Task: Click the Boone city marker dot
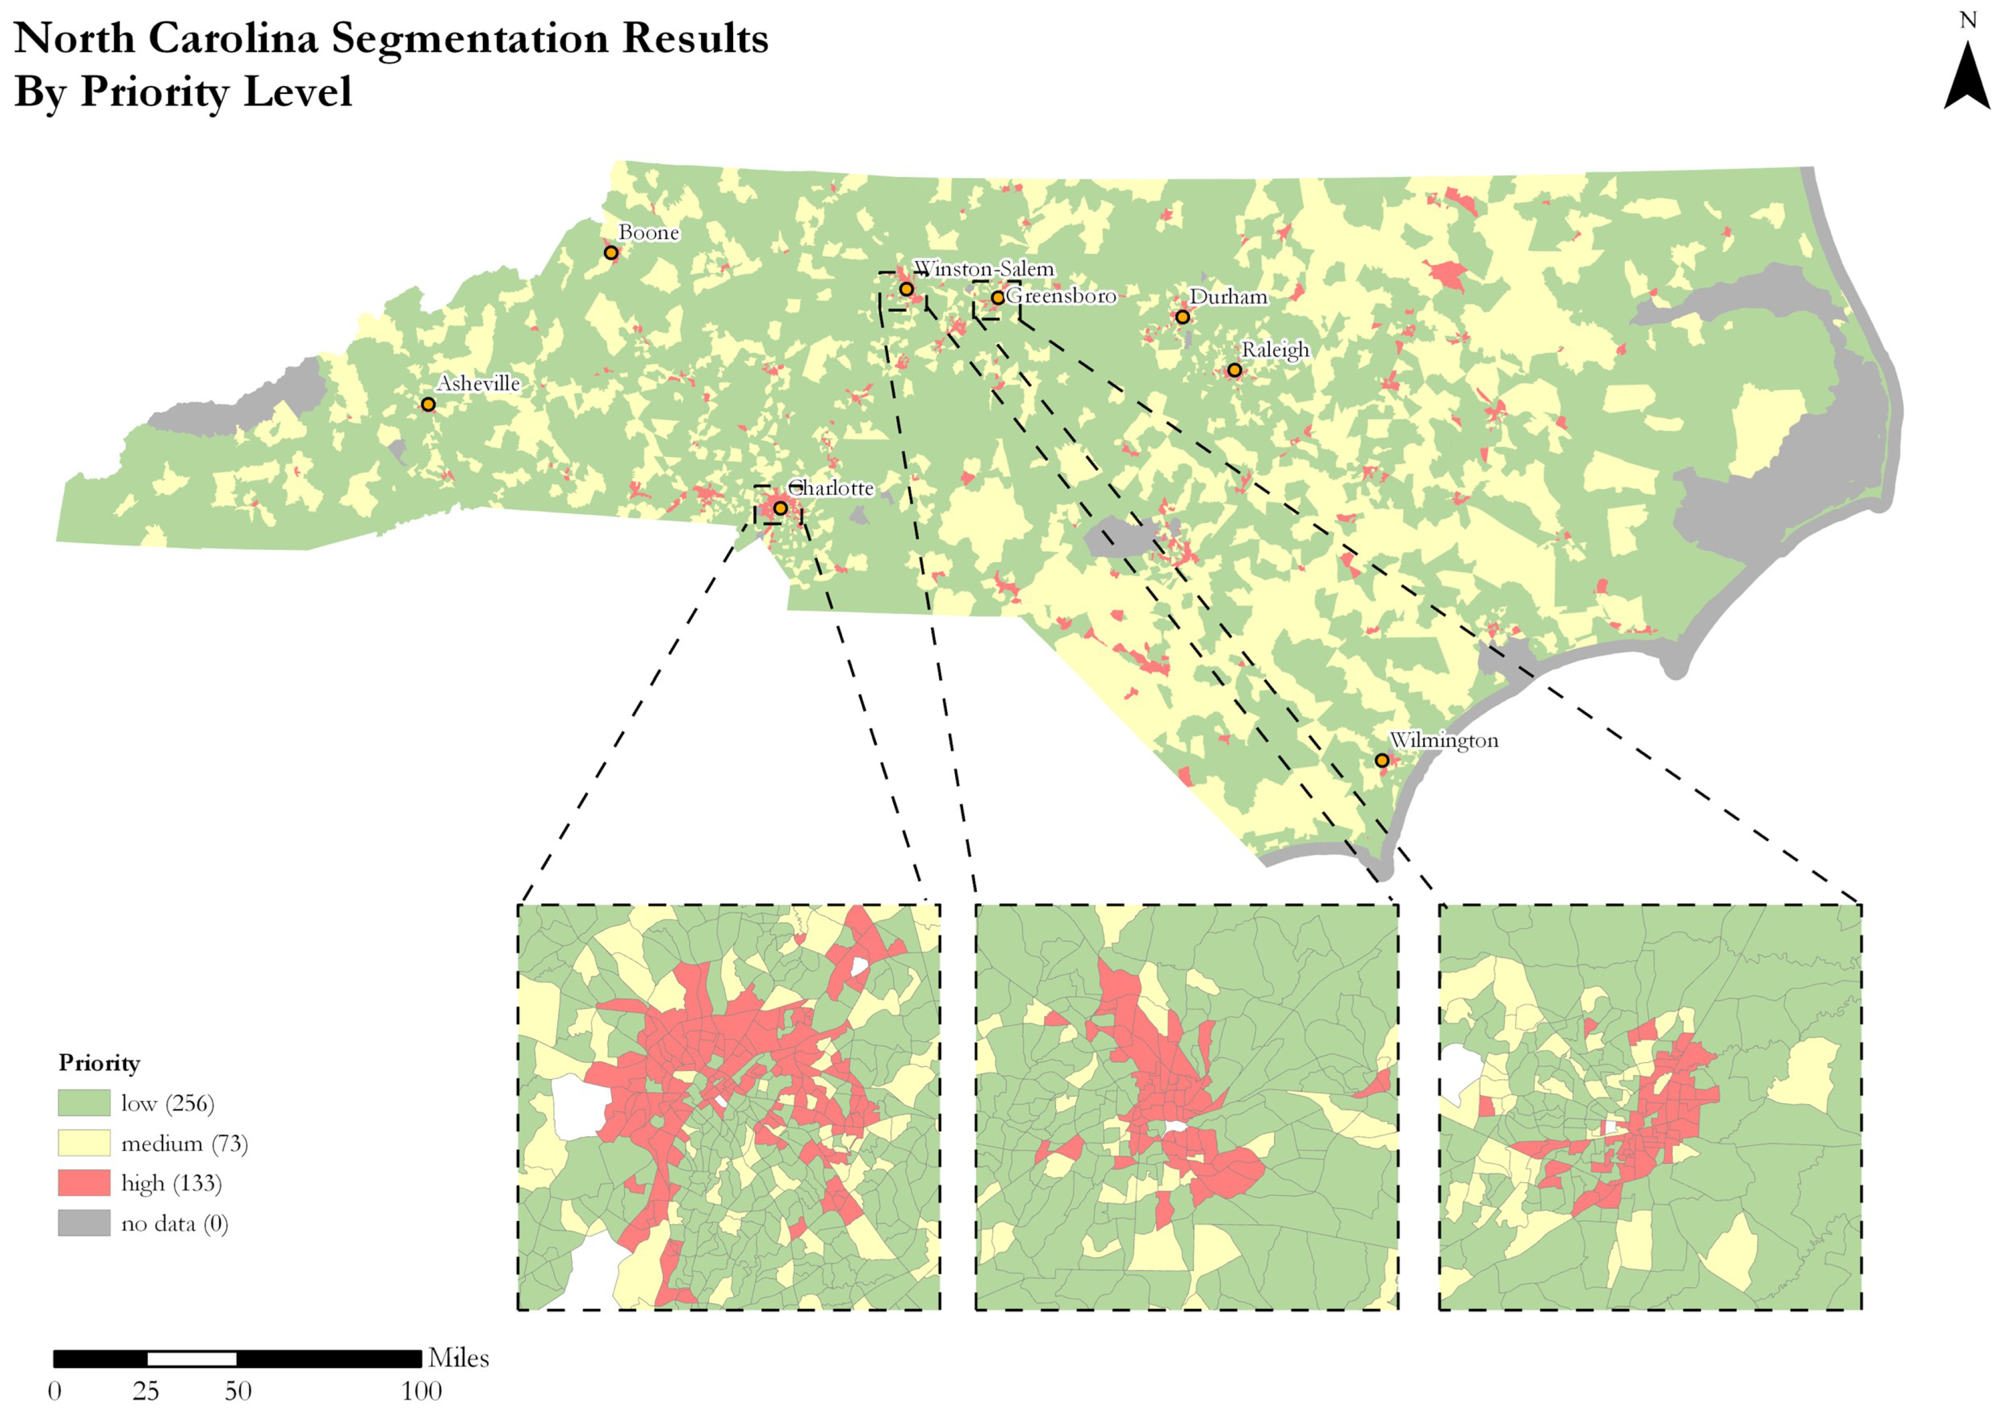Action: (x=611, y=253)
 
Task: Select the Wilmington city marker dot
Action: (x=1382, y=760)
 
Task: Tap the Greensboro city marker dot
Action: (x=998, y=298)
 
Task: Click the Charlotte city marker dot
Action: (x=780, y=508)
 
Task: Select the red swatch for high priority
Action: (x=84, y=1183)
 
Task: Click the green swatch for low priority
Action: (x=84, y=1103)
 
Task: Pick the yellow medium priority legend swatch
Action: (x=84, y=1143)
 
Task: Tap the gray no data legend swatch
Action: (x=84, y=1223)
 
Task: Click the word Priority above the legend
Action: (x=99, y=1063)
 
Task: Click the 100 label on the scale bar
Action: (x=422, y=1391)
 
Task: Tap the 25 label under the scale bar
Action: (x=146, y=1391)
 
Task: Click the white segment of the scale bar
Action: (x=191, y=1358)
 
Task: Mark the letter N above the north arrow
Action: (x=1968, y=20)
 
